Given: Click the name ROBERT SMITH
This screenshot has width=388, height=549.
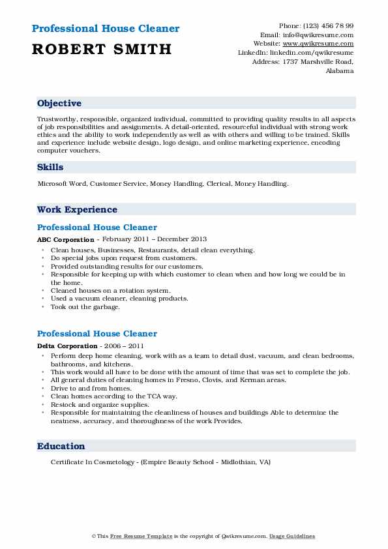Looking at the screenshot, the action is coord(101,49).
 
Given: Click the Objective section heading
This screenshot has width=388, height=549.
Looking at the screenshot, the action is coord(59,104).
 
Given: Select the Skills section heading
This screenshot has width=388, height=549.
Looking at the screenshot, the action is coord(50,168).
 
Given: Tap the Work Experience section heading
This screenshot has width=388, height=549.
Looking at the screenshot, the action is coord(77,210).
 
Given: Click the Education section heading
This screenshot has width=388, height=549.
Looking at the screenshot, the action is coord(61,447).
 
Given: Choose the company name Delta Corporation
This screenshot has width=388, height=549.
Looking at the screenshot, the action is coord(64,346).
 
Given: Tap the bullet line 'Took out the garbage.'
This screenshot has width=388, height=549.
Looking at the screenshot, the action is coord(85,306).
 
